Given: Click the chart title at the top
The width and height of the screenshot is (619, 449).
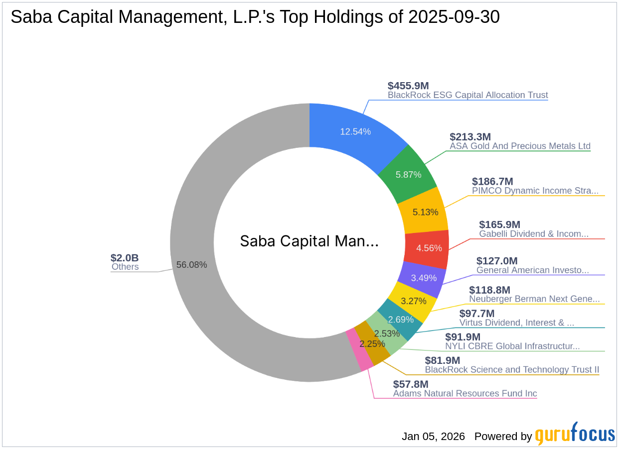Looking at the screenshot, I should [255, 17].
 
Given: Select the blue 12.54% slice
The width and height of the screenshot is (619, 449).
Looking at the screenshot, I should [355, 131].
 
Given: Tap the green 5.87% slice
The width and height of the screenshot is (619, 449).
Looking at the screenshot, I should [408, 174].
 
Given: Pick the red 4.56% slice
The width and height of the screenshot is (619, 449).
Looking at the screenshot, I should [427, 247].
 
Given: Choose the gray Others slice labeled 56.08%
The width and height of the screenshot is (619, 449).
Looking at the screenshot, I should [192, 264].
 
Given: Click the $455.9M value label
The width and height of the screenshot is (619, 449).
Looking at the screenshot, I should [408, 86].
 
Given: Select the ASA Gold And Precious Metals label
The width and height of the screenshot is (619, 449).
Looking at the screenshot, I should [520, 146].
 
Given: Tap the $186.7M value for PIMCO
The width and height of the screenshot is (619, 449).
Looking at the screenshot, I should [492, 181].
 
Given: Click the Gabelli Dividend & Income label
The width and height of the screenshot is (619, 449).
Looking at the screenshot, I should [534, 233].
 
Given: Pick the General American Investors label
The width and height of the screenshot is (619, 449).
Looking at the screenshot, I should [532, 270].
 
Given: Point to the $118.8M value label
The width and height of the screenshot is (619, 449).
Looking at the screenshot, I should [489, 290].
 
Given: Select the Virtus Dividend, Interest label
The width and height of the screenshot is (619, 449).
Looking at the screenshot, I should [516, 323].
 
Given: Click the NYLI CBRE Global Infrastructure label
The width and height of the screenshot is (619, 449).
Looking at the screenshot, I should [512, 346].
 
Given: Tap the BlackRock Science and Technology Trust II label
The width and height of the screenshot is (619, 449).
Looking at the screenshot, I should [512, 369].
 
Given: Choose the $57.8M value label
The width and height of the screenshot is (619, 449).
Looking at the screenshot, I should [411, 384].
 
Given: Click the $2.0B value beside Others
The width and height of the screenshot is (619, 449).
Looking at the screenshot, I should [124, 258].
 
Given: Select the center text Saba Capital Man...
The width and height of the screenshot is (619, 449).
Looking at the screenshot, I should [309, 241].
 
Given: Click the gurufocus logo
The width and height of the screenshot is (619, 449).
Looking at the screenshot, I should [575, 435].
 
